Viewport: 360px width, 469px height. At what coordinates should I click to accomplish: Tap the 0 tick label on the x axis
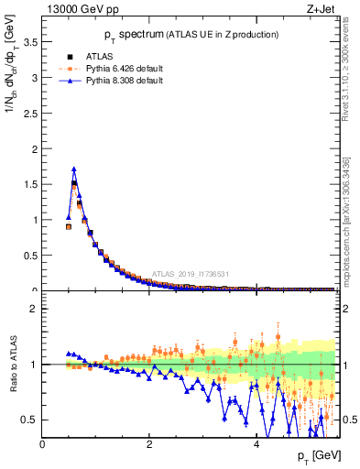pos(42,445)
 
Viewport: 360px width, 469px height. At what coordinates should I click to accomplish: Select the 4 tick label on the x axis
pos(256,445)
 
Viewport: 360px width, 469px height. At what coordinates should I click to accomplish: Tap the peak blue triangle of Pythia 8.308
pos(74,169)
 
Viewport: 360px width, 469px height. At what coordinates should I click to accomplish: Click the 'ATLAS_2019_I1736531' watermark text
pos(191,274)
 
